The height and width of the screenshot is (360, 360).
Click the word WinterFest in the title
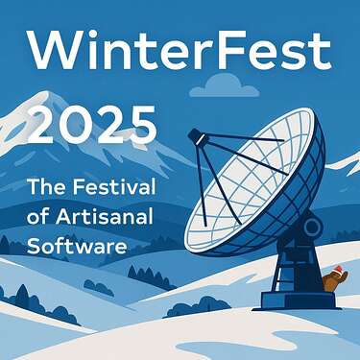180,48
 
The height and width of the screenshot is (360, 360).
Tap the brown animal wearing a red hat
331,280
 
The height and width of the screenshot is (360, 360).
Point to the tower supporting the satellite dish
292,264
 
